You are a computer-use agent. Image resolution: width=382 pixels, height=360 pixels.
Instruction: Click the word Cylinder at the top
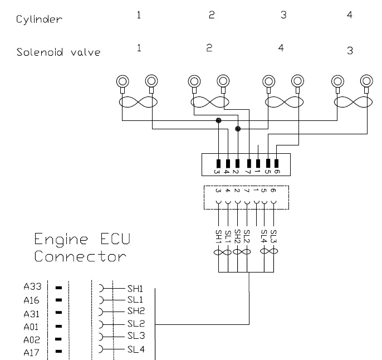[x=38, y=20]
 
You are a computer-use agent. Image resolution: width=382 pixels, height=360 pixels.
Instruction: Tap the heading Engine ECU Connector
[x=82, y=249]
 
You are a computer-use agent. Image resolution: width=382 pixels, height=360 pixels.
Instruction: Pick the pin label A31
[x=31, y=314]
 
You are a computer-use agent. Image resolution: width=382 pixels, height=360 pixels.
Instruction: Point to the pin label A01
[x=31, y=327]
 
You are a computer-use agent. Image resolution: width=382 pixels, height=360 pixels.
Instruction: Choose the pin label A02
[x=31, y=339]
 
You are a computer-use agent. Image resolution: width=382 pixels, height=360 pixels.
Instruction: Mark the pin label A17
[x=31, y=352]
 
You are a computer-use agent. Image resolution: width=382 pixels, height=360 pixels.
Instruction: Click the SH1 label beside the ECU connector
[x=135, y=289]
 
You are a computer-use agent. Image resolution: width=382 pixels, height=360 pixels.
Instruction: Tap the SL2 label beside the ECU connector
[x=135, y=324]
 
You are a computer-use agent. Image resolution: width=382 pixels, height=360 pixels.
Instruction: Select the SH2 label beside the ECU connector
[x=135, y=311]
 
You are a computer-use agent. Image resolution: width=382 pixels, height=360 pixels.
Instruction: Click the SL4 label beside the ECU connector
[x=135, y=349]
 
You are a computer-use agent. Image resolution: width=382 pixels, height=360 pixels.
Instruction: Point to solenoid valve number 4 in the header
[x=281, y=48]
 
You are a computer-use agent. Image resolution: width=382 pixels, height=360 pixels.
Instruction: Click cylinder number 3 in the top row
[x=283, y=15]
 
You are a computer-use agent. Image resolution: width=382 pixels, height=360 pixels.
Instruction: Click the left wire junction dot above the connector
[x=218, y=120]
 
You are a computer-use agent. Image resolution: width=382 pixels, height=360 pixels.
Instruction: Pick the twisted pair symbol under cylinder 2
[x=209, y=102]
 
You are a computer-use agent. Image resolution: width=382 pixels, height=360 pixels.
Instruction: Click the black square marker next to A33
[x=58, y=288]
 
